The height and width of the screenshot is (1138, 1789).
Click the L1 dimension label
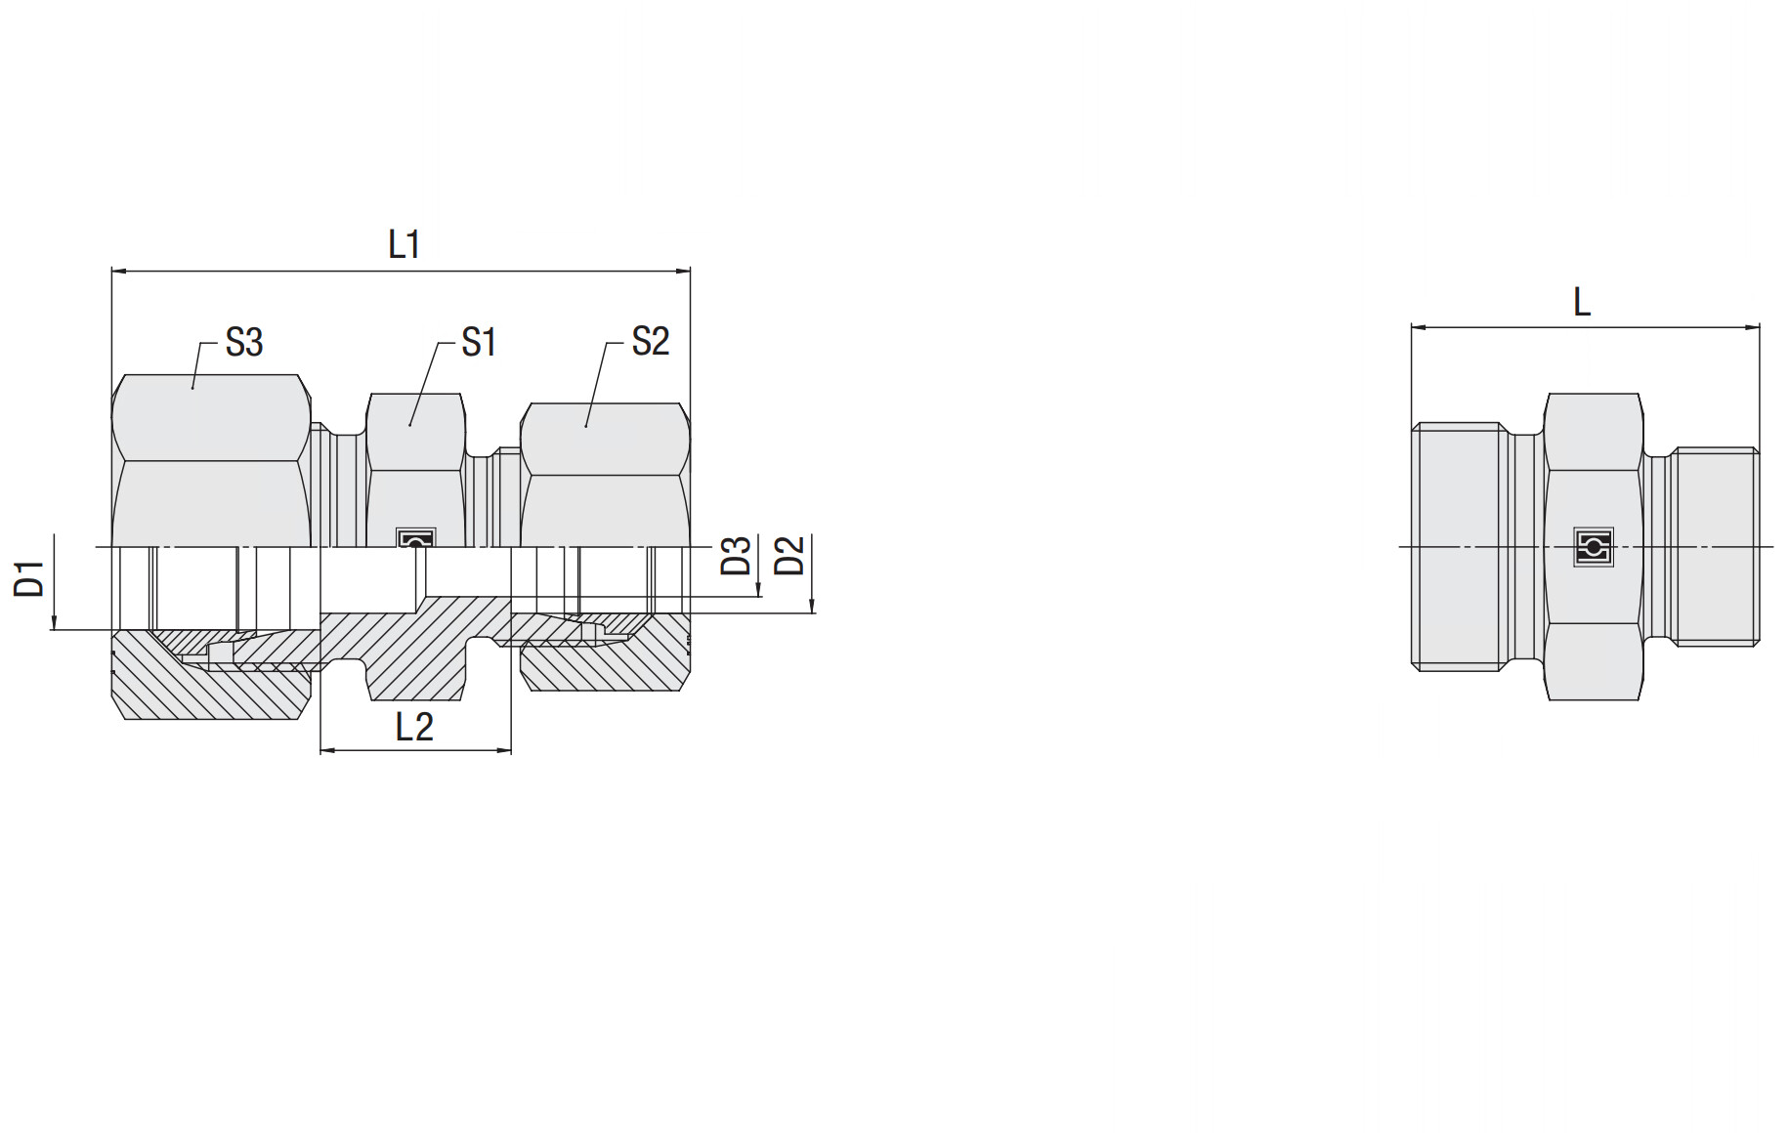click(404, 244)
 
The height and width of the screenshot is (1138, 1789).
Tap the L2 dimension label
click(414, 727)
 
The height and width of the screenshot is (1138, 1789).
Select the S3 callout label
click(244, 342)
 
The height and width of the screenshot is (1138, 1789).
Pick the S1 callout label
click(479, 342)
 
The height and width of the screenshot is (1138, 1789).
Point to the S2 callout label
click(651, 341)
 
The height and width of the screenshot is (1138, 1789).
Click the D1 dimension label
click(29, 578)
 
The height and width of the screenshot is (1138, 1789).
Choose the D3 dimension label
click(736, 555)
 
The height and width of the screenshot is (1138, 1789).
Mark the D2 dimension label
click(788, 555)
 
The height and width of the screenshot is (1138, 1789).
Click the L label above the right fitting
click(1582, 302)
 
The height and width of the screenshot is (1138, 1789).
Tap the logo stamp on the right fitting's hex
click(1594, 547)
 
